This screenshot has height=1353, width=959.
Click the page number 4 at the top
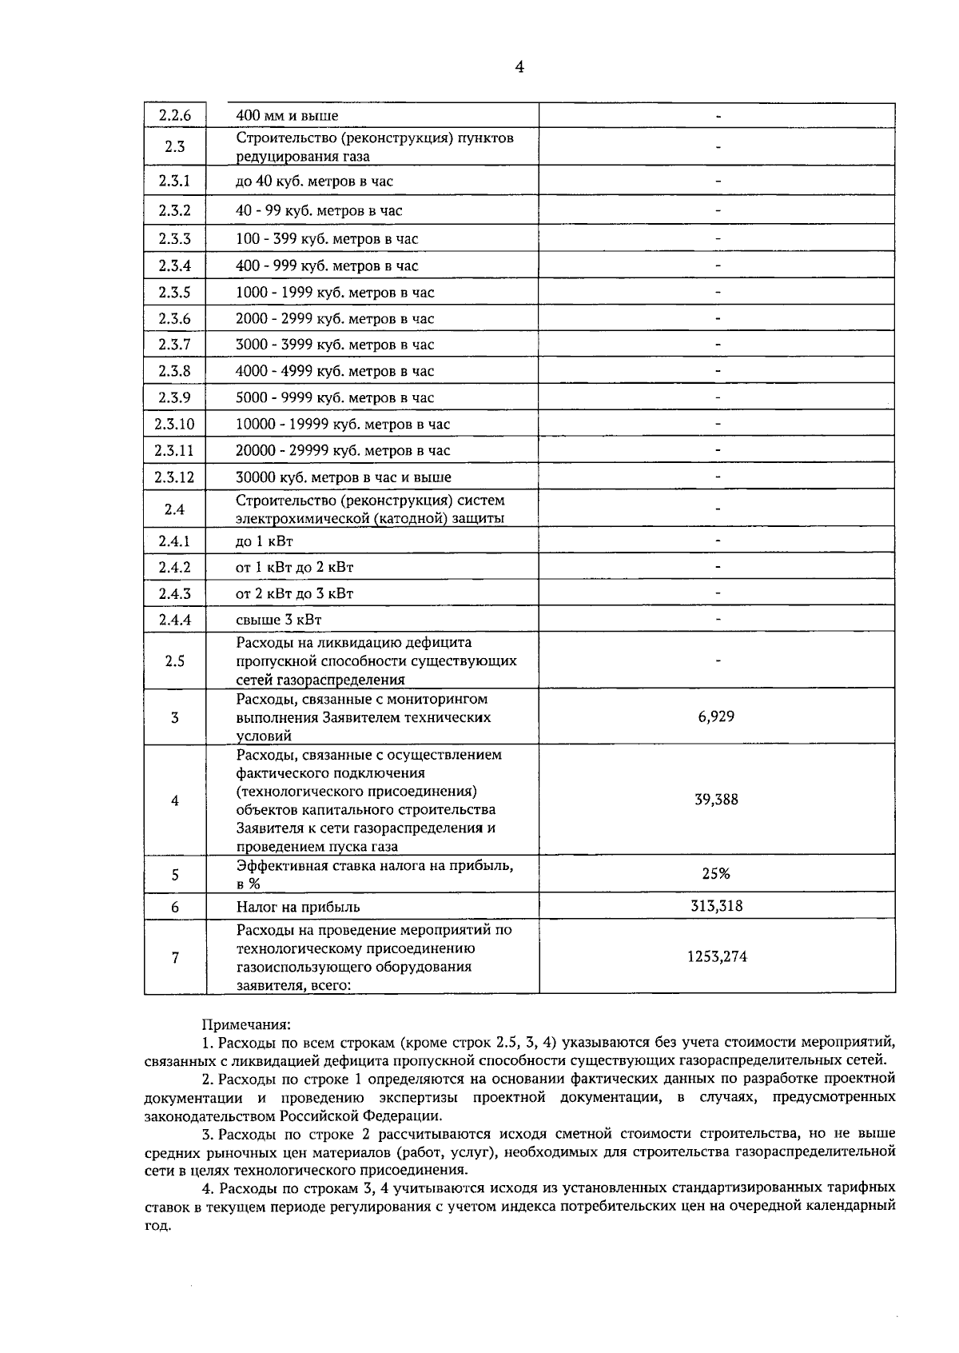click(519, 68)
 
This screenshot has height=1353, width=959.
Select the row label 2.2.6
click(175, 115)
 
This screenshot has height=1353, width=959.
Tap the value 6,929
click(716, 716)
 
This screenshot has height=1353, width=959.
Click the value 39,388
click(716, 800)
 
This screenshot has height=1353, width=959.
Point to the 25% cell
click(716, 873)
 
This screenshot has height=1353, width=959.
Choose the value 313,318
click(716, 906)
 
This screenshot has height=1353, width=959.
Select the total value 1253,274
click(717, 956)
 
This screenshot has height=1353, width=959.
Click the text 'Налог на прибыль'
click(298, 907)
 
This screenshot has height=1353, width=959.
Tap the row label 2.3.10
click(175, 424)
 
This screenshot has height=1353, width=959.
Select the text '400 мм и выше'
click(287, 116)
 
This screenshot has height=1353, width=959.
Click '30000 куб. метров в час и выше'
click(344, 477)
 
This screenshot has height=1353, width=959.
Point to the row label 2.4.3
click(175, 593)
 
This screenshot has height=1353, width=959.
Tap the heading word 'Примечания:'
click(247, 1024)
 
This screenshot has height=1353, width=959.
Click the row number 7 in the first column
click(175, 957)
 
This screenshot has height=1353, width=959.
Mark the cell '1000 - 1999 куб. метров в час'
click(335, 292)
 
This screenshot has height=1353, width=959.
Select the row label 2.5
click(175, 661)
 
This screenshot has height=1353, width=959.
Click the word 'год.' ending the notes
click(157, 1226)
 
